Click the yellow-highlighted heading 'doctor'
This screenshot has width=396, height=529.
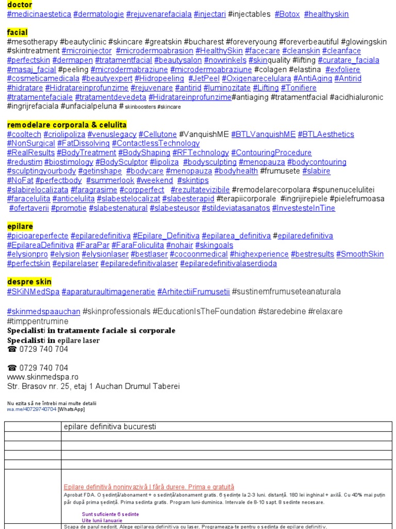(x=20, y=5)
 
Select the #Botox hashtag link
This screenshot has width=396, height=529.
(x=287, y=14)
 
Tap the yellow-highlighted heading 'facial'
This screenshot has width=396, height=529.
(x=18, y=33)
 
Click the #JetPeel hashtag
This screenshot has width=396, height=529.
(x=204, y=79)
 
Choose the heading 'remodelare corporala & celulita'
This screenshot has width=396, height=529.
(x=67, y=125)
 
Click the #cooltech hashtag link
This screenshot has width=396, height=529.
(x=24, y=134)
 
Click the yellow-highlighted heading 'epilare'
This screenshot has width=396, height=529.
(x=20, y=226)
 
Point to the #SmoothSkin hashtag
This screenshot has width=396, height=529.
(x=360, y=254)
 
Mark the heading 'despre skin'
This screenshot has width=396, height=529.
(x=29, y=282)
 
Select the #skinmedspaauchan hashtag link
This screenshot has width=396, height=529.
(x=44, y=312)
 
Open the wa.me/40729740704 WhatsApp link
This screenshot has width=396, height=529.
(x=31, y=409)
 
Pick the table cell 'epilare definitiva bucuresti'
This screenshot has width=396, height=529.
(x=109, y=427)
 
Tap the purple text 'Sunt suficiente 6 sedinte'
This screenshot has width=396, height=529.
(x=110, y=515)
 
